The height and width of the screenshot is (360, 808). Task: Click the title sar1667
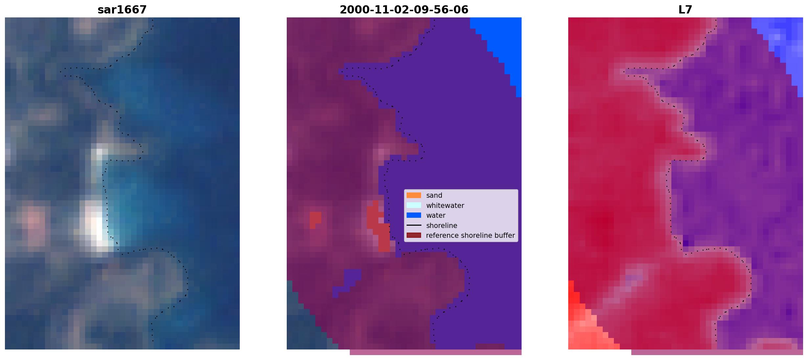point(122,10)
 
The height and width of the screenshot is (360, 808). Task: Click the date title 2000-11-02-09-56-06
point(404,10)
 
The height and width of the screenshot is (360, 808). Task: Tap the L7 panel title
point(685,10)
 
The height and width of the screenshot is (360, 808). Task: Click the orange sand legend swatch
point(414,195)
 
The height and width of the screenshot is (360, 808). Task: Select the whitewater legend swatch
point(414,205)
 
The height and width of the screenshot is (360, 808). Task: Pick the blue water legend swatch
point(414,215)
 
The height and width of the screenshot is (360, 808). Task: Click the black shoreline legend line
point(414,225)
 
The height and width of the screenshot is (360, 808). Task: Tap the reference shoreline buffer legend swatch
point(414,236)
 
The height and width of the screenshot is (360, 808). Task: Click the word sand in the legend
point(434,195)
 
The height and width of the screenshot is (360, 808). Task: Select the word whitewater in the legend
point(445,205)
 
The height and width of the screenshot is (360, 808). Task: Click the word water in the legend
point(436,215)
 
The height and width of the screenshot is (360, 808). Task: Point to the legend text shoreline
point(442,225)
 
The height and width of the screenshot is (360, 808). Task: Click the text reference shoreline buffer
point(470,236)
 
